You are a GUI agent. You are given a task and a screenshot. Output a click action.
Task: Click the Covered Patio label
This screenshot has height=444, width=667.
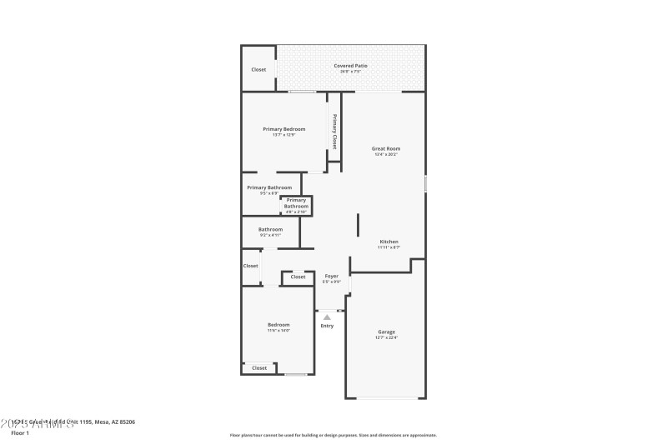click(350, 65)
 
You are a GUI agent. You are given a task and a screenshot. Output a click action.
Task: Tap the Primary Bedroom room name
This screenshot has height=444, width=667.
click(283, 129)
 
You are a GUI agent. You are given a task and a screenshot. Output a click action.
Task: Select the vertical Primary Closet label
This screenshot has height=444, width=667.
click(335, 131)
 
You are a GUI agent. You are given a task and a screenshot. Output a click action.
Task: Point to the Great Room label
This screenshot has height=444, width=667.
click(385, 148)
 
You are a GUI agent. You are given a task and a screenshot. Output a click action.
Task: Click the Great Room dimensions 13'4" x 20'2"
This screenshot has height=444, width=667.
click(385, 154)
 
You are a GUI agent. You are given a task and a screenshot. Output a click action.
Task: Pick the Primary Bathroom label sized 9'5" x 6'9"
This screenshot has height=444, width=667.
click(268, 187)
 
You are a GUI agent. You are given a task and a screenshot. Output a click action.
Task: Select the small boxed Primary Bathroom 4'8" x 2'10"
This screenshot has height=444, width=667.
click(296, 206)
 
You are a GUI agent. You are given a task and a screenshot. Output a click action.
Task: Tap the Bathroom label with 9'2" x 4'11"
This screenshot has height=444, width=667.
click(270, 229)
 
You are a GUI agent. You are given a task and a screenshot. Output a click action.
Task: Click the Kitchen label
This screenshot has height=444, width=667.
click(389, 242)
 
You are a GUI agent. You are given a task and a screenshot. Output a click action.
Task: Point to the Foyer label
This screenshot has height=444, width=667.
click(331, 276)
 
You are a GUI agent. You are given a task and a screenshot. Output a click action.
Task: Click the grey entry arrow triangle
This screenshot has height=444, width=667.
click(327, 317)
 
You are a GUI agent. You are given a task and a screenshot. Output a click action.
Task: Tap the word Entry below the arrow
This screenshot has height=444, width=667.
click(327, 325)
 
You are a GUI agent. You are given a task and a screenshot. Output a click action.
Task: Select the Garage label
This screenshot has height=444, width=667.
click(386, 332)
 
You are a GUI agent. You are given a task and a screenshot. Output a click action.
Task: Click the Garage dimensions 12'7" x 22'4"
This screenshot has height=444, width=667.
click(386, 337)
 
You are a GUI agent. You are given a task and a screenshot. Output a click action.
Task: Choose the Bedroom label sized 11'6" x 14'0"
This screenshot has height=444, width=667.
click(278, 324)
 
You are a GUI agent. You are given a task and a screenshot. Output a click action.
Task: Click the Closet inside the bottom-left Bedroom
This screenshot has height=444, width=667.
click(259, 367)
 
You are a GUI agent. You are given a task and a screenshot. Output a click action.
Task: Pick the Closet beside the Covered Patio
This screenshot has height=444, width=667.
click(258, 69)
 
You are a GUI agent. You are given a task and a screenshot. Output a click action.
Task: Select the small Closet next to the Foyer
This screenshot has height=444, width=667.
click(298, 277)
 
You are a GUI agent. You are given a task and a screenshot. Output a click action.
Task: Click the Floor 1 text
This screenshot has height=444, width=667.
click(20, 433)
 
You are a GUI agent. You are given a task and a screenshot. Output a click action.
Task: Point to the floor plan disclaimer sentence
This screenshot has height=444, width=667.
click(333, 435)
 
